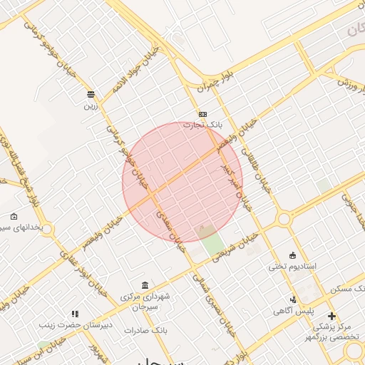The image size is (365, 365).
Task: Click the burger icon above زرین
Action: click(x=91, y=94)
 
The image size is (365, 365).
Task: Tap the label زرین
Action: click(x=91, y=106)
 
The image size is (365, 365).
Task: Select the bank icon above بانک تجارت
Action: click(x=203, y=114)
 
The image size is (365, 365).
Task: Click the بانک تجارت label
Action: click(x=203, y=125)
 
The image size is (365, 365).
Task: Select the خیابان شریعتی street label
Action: click(x=238, y=247)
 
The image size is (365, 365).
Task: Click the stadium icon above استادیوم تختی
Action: click(x=292, y=255)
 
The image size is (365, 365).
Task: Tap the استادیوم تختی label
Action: click(x=292, y=267)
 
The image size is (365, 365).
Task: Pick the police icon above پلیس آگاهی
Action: click(x=293, y=300)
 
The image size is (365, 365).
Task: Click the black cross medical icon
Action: click(x=331, y=316)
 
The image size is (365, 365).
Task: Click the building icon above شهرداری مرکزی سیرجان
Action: click(x=145, y=285)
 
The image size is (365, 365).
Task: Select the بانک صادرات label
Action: click(x=145, y=331)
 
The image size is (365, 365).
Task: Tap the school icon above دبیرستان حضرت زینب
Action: click(x=75, y=314)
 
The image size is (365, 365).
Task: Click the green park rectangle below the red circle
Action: click(x=211, y=241)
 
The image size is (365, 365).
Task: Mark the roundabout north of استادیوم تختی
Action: click(x=284, y=219)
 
